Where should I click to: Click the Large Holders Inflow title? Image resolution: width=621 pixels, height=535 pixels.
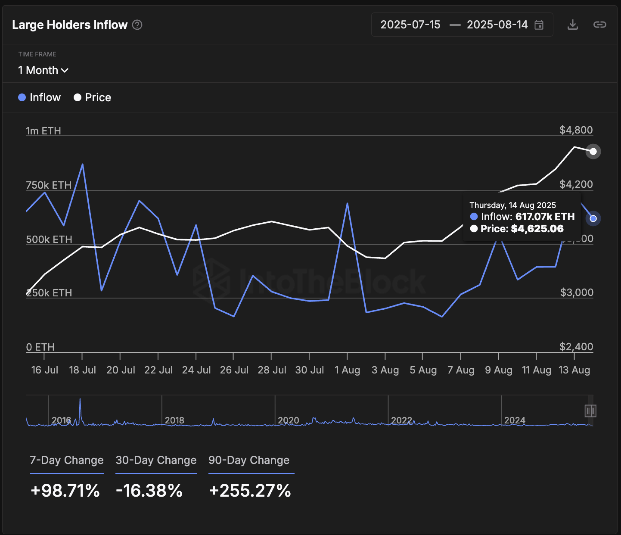(70, 25)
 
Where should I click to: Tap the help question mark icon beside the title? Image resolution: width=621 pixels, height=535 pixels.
(137, 25)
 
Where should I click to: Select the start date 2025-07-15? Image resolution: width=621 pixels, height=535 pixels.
(410, 25)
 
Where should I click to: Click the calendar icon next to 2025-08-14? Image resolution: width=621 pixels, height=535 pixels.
(539, 25)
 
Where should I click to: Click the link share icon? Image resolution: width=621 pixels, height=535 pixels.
(599, 25)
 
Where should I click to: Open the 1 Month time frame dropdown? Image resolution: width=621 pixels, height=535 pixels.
(43, 70)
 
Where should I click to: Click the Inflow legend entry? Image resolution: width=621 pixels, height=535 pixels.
(40, 97)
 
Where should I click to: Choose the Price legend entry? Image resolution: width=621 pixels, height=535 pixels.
(93, 97)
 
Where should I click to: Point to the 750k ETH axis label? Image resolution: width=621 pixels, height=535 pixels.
(49, 185)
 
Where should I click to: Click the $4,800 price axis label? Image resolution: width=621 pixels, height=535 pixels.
(576, 130)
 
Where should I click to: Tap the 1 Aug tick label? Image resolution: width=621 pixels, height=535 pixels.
(347, 370)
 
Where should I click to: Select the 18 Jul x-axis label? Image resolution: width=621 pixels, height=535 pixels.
(82, 370)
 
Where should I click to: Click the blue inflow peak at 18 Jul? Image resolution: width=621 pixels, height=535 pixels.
(82, 164)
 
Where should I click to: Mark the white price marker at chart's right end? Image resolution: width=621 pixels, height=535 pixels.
(593, 151)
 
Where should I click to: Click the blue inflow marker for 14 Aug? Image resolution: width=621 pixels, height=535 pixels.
(593, 218)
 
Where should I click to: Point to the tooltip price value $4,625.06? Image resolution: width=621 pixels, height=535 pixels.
(537, 229)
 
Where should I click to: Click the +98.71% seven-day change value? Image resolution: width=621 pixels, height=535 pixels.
(65, 491)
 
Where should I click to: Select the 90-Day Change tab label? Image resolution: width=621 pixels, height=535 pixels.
(249, 460)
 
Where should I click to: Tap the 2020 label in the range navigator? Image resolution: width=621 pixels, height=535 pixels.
(288, 420)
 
